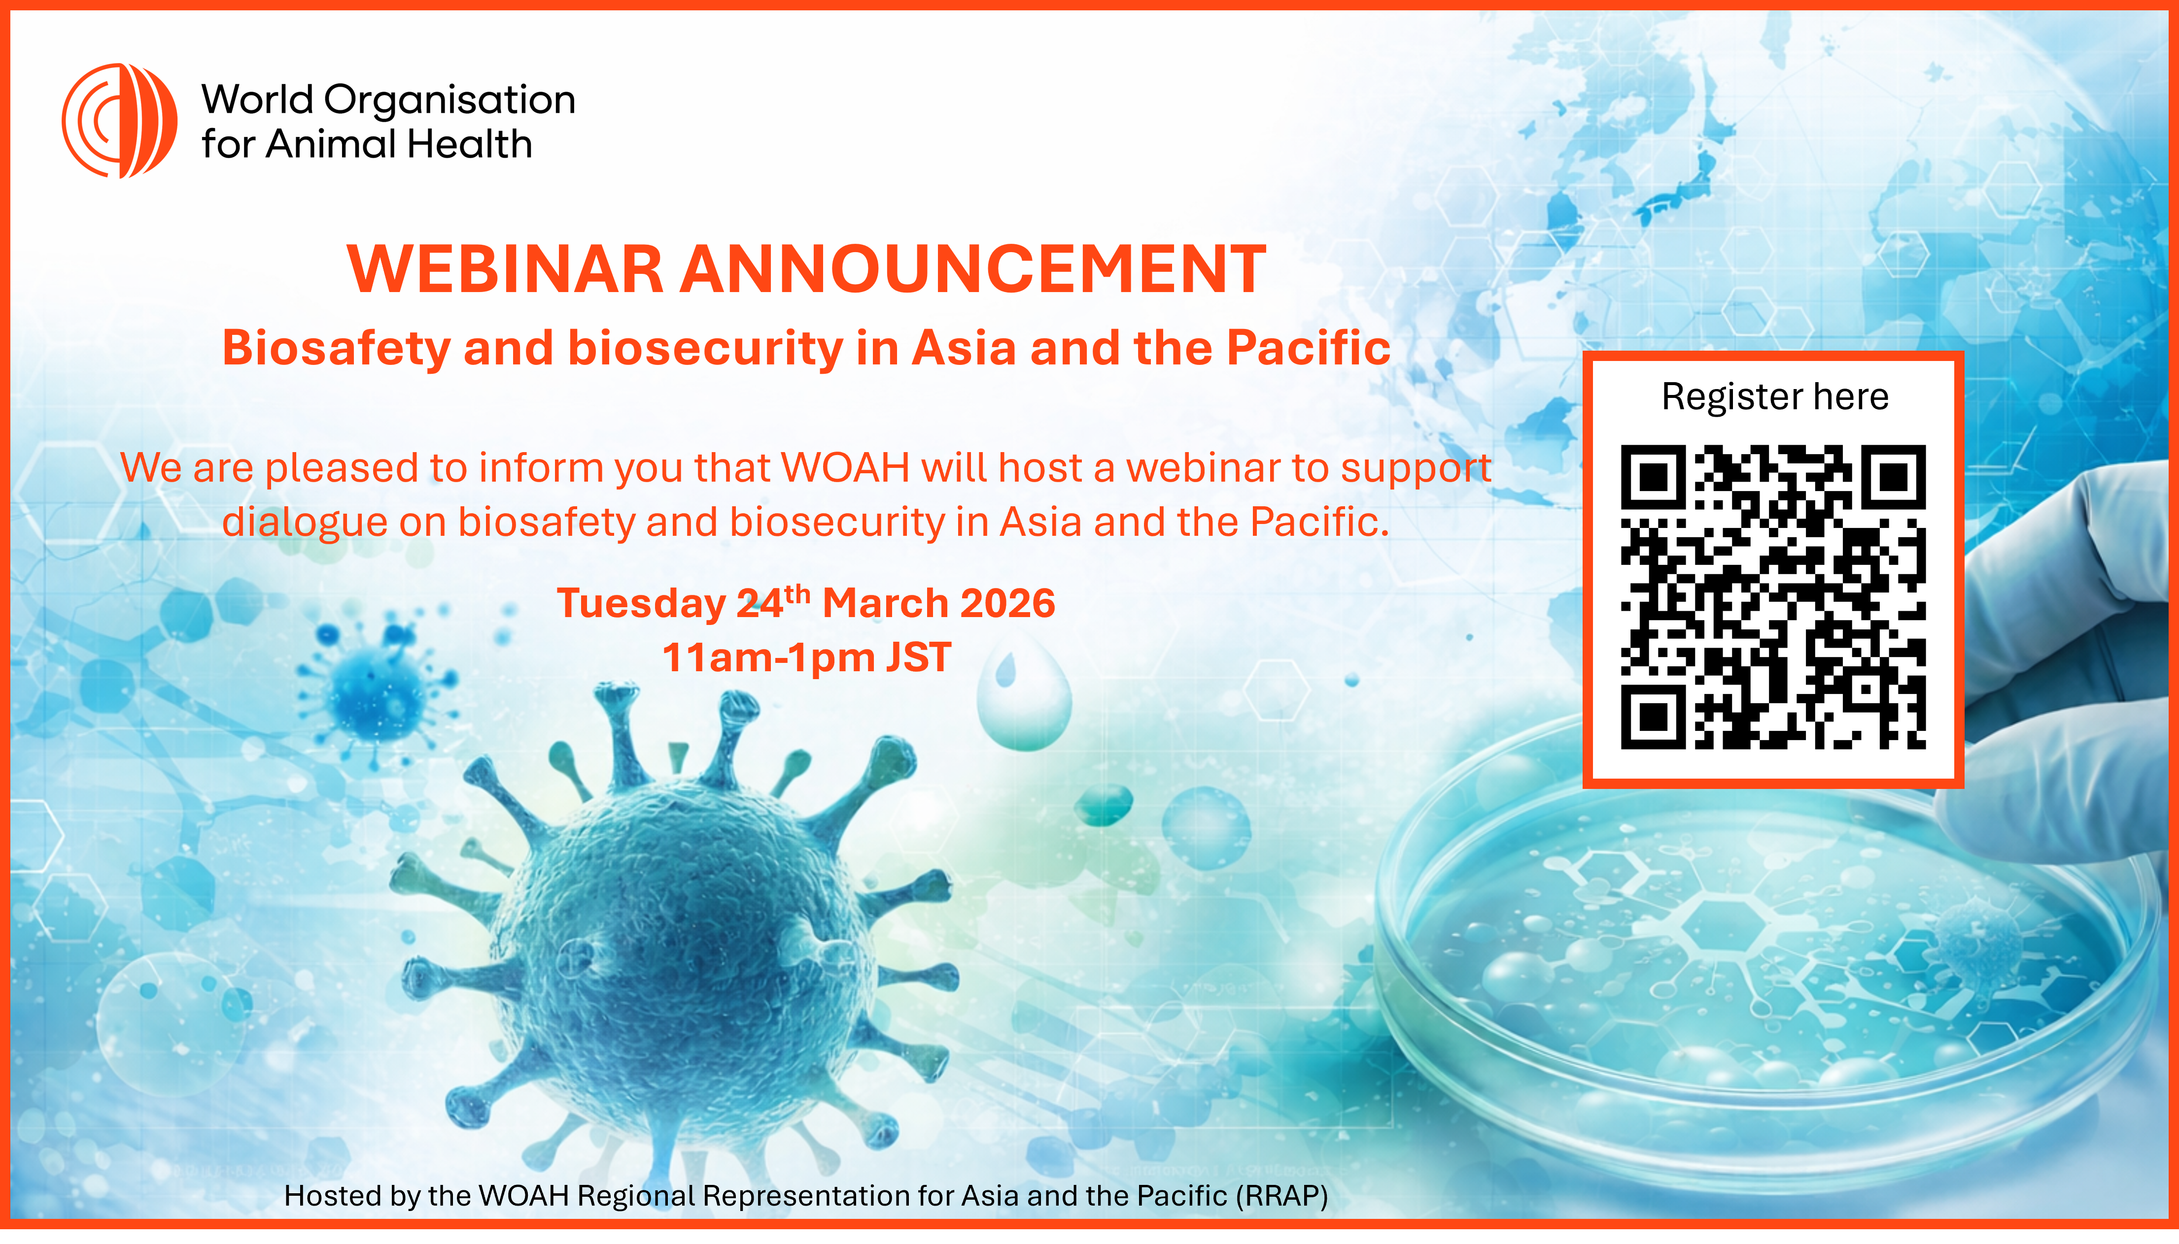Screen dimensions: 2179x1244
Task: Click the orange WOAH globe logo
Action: click(120, 121)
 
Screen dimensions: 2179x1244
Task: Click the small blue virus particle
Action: click(376, 684)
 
